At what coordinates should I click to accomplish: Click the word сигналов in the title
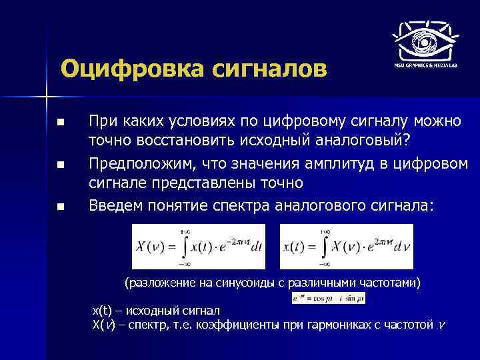(x=263, y=69)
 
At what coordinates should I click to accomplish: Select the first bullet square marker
(x=61, y=123)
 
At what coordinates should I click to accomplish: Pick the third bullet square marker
(x=61, y=207)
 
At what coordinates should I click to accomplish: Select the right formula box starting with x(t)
(x=346, y=247)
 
